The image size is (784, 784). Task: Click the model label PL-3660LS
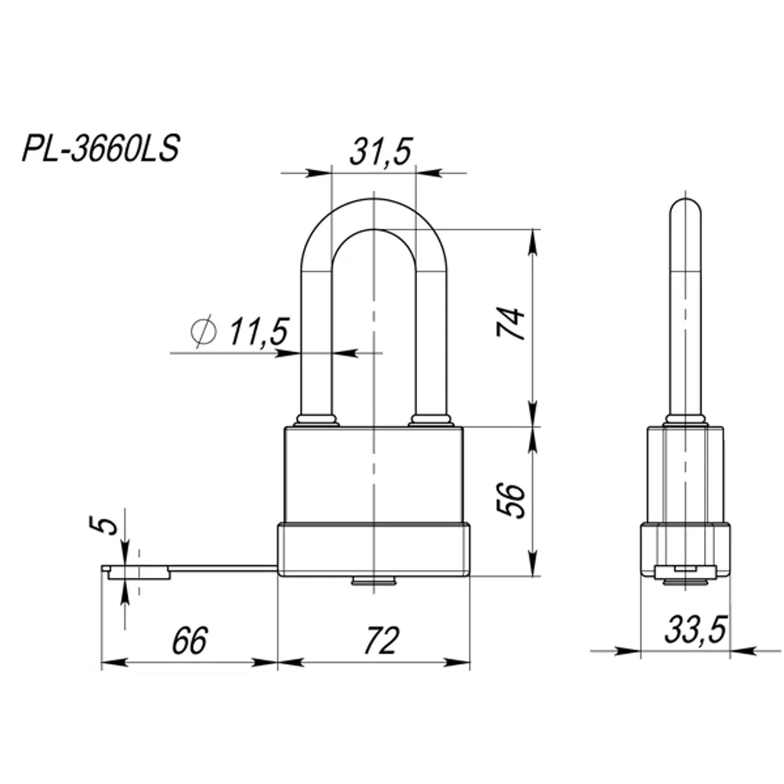100,149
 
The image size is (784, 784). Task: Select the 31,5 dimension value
381,151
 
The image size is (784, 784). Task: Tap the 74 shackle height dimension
510,323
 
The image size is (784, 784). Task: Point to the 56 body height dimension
510,499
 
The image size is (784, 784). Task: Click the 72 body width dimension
379,641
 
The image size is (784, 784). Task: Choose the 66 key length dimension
189,641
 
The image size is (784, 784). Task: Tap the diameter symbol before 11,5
204,332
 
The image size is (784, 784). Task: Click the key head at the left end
137,572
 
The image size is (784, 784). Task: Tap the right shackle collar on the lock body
431,420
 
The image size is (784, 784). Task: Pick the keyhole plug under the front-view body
374,581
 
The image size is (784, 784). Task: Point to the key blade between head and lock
223,567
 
